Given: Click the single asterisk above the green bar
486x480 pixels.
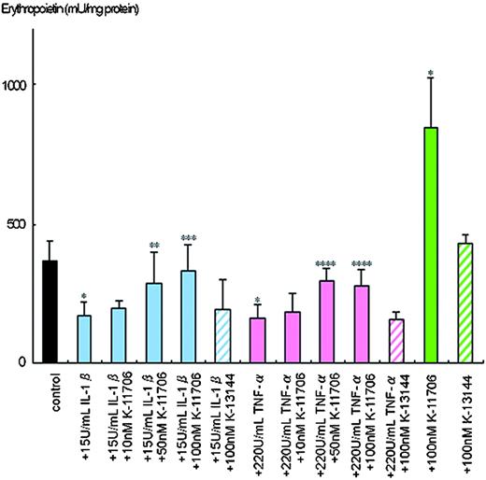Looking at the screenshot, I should click(x=431, y=72).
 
